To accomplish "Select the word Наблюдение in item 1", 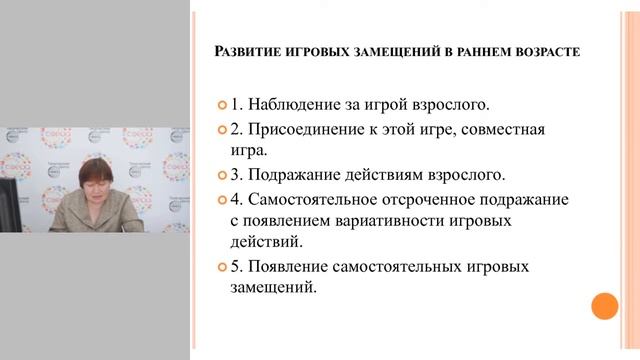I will click(293, 104).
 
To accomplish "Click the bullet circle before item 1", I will click(223, 105).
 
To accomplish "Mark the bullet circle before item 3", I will click(223, 175).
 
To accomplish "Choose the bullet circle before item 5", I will click(223, 268).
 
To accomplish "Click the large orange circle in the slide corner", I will click(604, 306).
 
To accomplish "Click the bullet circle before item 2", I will click(223, 129).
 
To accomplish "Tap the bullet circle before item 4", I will click(223, 199).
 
